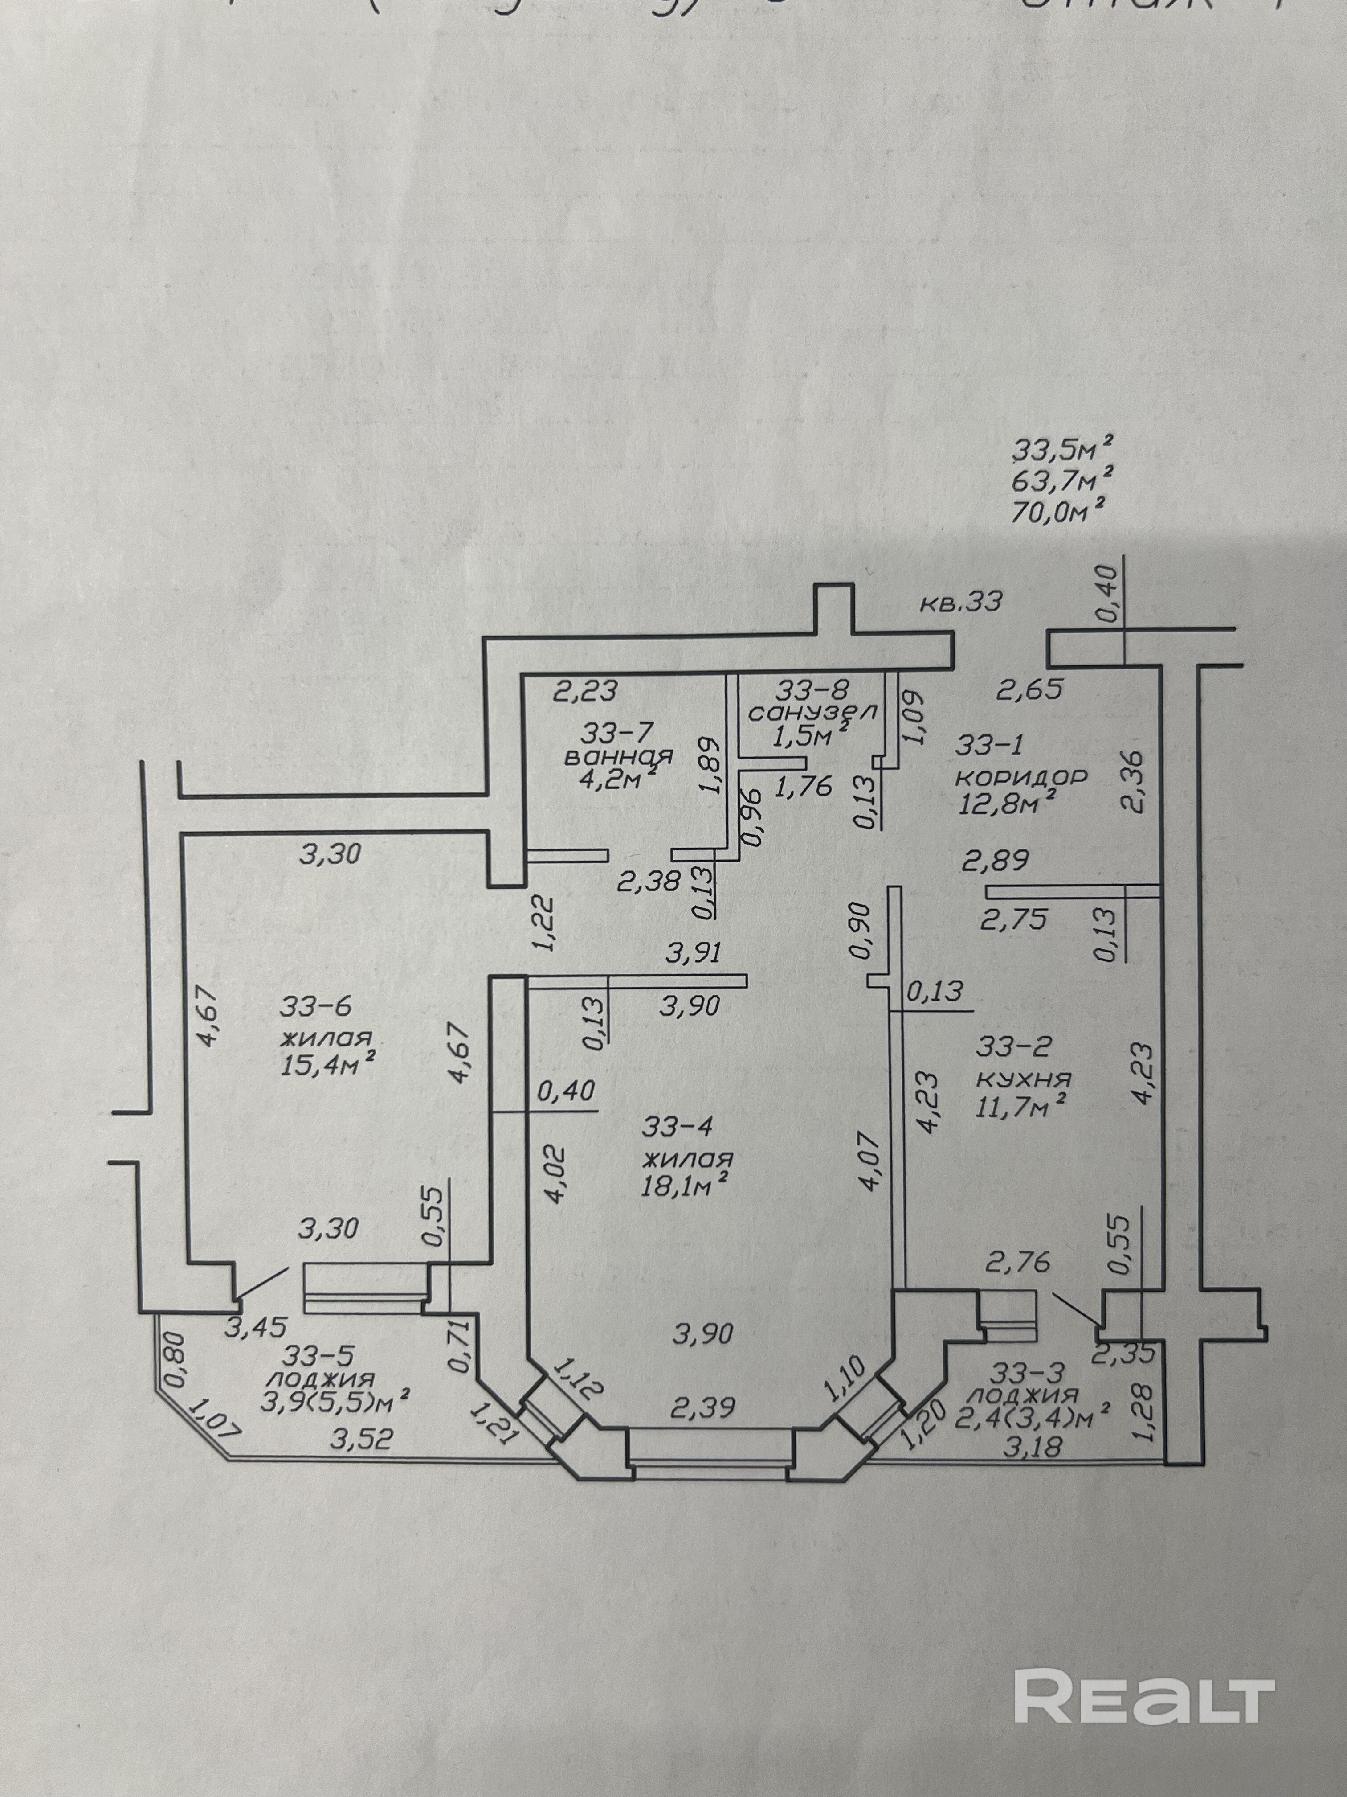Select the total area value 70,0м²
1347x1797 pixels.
pyautogui.click(x=1061, y=515)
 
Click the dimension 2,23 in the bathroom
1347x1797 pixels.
pyautogui.click(x=586, y=691)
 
